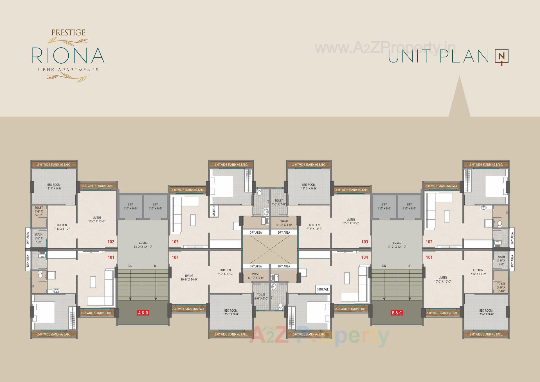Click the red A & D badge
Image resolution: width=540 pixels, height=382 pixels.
click(143, 312)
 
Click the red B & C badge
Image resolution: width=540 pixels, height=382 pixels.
click(397, 312)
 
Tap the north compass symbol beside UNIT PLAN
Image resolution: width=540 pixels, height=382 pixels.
click(501, 56)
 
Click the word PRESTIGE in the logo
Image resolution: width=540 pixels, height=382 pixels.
click(68, 33)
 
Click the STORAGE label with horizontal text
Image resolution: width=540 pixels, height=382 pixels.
click(323, 289)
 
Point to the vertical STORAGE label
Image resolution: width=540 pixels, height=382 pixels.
click(214, 211)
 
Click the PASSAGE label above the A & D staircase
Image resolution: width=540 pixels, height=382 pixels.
click(143, 245)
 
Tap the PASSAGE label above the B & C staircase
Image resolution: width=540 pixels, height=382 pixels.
click(397, 245)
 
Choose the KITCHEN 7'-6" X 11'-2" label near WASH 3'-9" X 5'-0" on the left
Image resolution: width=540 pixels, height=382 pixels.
click(62, 227)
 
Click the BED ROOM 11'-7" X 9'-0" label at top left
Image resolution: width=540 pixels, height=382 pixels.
click(54, 186)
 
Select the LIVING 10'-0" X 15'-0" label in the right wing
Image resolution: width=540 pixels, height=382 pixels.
click(442, 279)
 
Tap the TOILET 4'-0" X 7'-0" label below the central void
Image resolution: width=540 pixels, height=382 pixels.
click(261, 296)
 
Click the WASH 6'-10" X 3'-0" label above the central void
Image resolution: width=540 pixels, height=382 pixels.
click(284, 223)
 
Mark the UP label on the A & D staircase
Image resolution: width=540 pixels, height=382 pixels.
click(156, 266)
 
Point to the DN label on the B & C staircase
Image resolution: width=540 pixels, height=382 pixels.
click(384, 266)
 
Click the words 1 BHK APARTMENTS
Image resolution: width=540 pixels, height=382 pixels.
click(68, 70)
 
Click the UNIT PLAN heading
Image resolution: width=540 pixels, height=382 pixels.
click(438, 56)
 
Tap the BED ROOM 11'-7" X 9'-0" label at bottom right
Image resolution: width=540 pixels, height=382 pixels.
click(486, 312)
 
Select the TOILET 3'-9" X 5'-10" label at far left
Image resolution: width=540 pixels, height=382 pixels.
click(39, 211)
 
